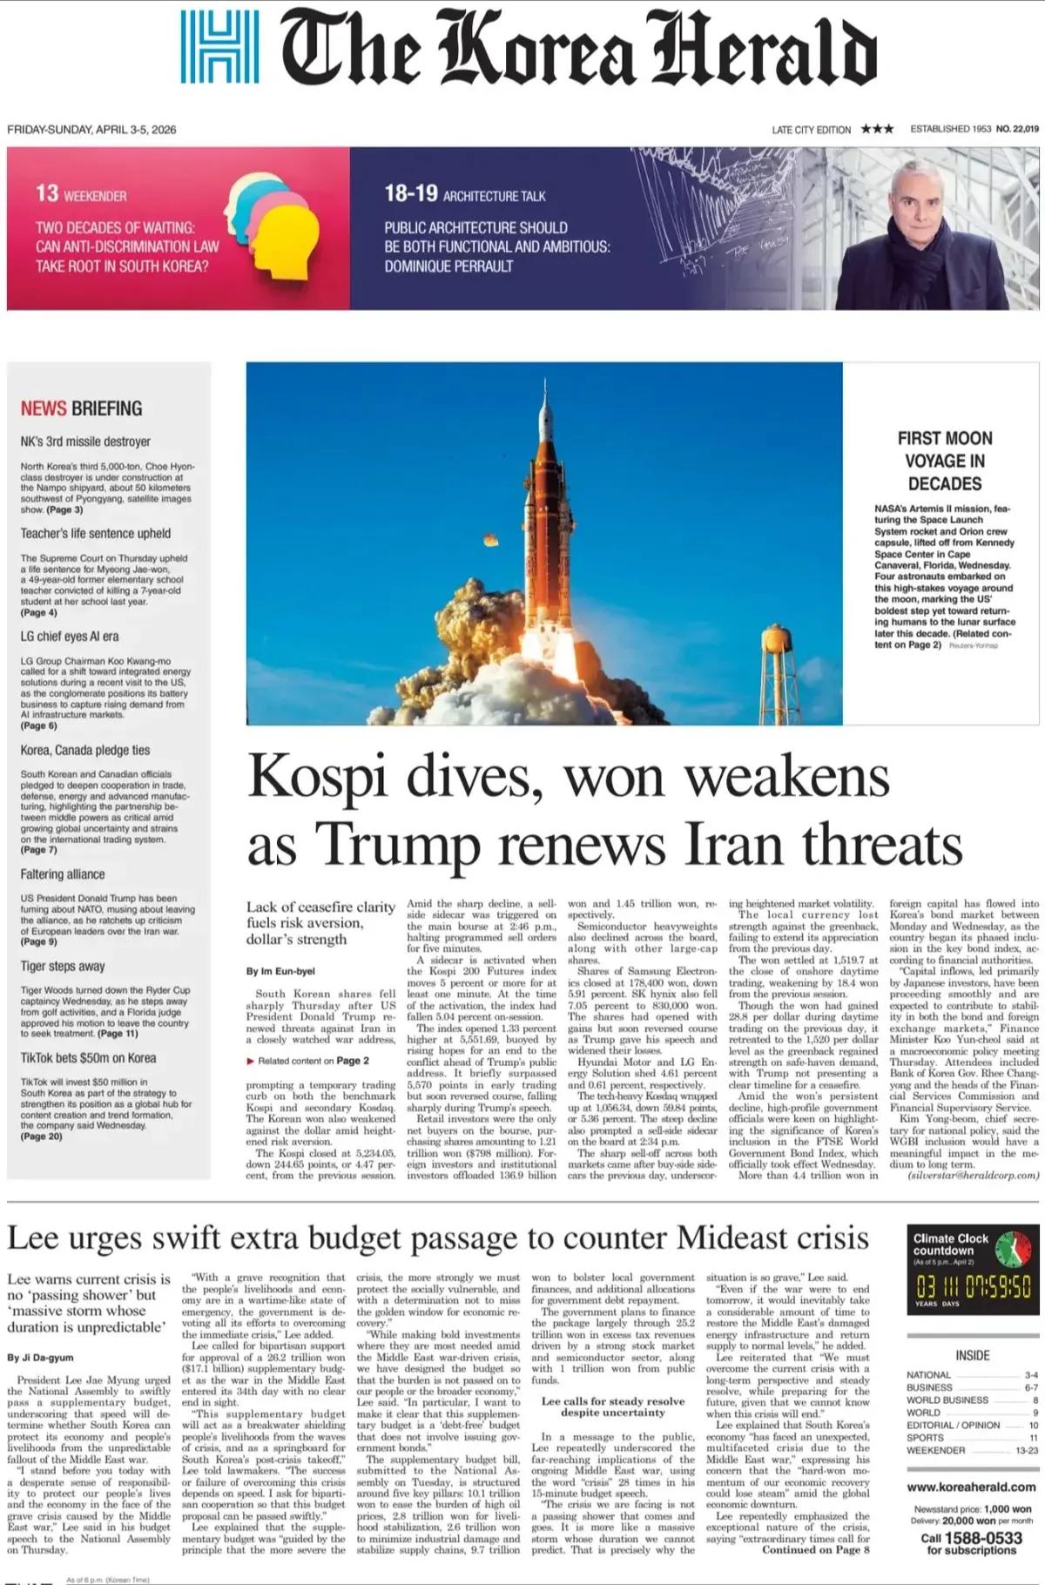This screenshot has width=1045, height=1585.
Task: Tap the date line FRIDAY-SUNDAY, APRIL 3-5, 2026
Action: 91,130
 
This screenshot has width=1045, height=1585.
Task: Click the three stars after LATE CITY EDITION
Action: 877,129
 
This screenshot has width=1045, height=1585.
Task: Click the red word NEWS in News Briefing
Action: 44,408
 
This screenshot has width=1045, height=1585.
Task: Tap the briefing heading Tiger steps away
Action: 63,966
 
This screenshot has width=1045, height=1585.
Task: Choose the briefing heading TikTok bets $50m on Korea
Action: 88,1058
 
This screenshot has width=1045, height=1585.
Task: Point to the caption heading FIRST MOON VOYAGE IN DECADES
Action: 944,461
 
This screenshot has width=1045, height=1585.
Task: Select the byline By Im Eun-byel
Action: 280,971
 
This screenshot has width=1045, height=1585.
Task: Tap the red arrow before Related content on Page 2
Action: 250,1061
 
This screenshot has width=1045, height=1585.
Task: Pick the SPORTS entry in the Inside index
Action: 925,1438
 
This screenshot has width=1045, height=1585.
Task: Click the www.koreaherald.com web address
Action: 971,1487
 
